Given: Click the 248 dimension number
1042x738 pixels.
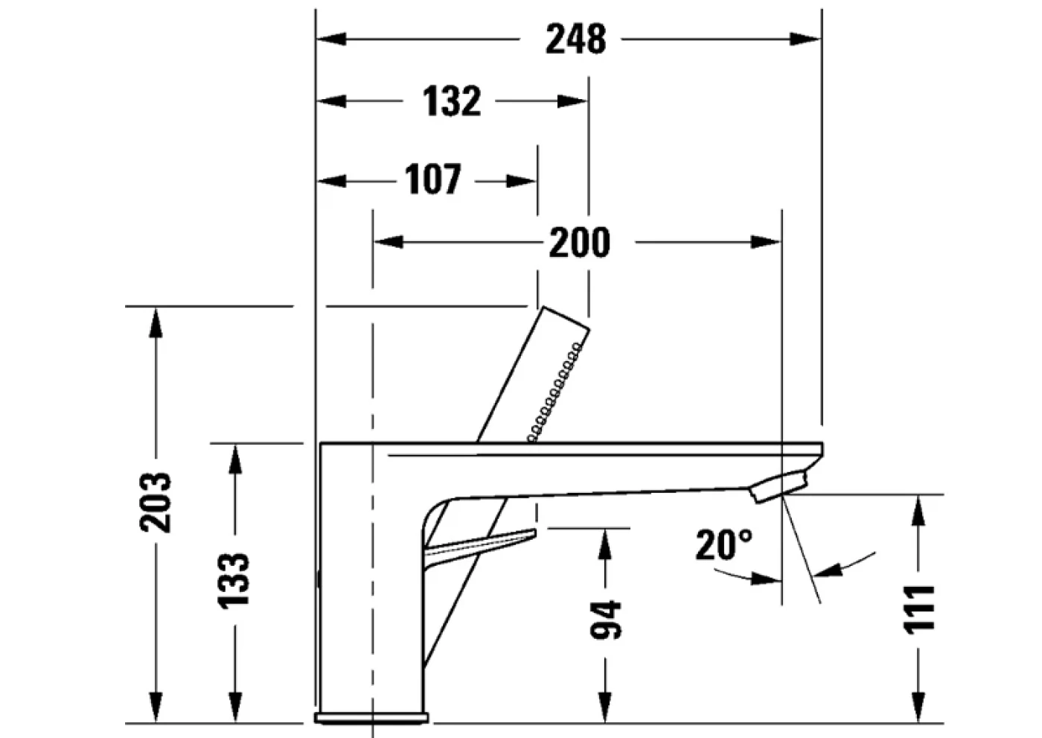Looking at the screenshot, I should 575,39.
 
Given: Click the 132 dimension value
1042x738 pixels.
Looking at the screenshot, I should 453,101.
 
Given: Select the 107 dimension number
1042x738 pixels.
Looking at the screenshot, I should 433,180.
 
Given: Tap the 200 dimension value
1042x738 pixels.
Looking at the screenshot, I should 579,243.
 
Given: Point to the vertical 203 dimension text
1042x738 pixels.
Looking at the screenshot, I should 156,501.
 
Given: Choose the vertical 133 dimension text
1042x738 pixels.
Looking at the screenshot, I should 234,580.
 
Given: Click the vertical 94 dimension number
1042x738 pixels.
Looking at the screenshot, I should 605,620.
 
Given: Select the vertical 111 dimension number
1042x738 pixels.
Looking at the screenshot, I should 920,609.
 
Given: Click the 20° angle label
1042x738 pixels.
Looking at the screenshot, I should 723,545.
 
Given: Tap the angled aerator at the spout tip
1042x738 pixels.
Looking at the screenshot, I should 779,486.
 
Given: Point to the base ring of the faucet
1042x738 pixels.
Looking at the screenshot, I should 371,718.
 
